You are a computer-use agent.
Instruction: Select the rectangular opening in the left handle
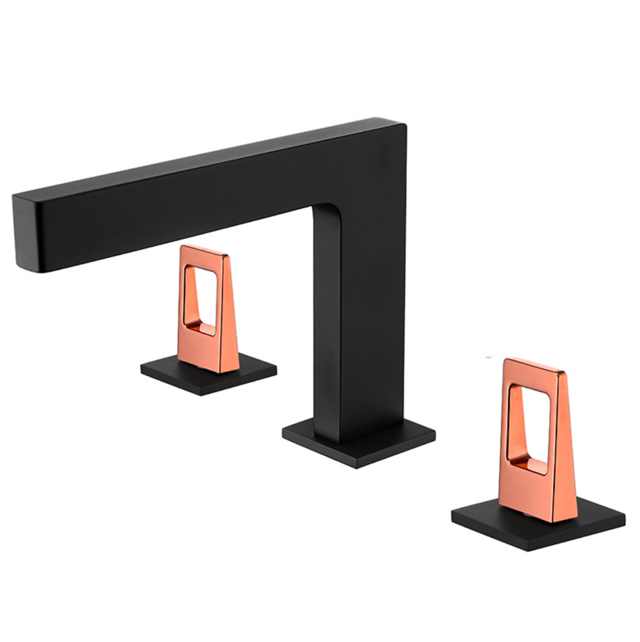(x=200, y=300)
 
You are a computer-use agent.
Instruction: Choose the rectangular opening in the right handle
(x=529, y=426)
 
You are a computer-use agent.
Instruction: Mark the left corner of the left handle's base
(x=142, y=367)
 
